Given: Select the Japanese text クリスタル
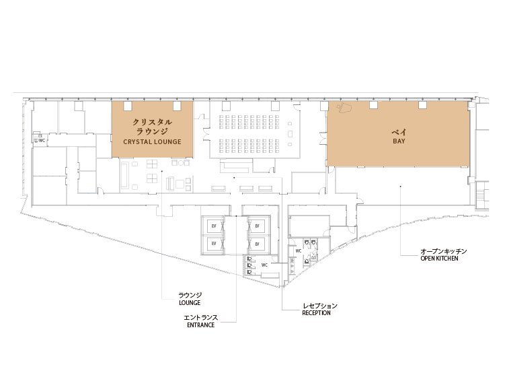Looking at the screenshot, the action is (153, 122).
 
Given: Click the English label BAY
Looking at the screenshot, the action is (399, 141).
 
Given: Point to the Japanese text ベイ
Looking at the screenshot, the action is (399, 131).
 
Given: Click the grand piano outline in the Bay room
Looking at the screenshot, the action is (344, 108).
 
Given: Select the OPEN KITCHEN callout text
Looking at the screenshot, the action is (439, 258).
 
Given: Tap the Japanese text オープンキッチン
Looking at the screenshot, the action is (444, 251).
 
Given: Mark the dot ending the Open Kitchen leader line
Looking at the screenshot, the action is (401, 186).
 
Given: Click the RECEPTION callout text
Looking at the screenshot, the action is (316, 312).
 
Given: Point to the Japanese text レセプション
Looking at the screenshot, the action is (320, 306).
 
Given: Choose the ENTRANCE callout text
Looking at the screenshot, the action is (200, 325).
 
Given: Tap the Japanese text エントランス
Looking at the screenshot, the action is (200, 317).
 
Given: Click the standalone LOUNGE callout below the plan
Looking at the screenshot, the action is (190, 302).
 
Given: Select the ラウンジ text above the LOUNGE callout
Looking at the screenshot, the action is (190, 295).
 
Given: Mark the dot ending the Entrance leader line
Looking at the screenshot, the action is (236, 216).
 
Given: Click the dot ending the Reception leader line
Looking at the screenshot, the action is (234, 178).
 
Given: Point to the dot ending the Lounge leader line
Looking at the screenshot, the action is (162, 171).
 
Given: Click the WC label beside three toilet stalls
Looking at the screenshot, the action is (264, 265).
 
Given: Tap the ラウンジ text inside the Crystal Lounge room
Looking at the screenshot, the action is (153, 131).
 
